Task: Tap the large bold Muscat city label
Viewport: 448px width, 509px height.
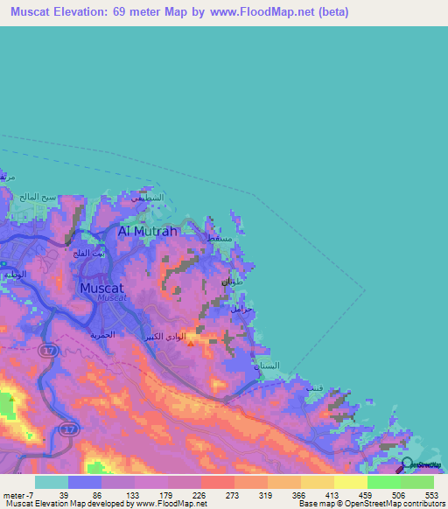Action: coord(103,287)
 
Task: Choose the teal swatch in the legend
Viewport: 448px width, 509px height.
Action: coord(51,482)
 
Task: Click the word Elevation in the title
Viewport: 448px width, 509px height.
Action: coord(87,12)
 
